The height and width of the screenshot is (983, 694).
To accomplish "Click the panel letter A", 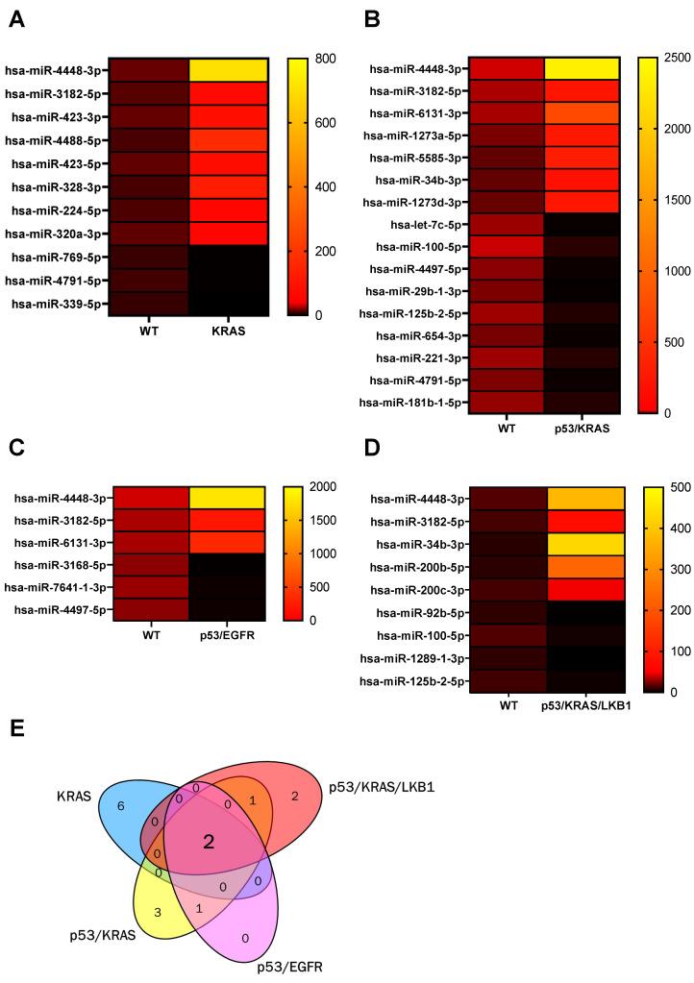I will [16, 19].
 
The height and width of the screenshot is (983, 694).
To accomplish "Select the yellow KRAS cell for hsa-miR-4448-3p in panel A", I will [227, 69].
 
